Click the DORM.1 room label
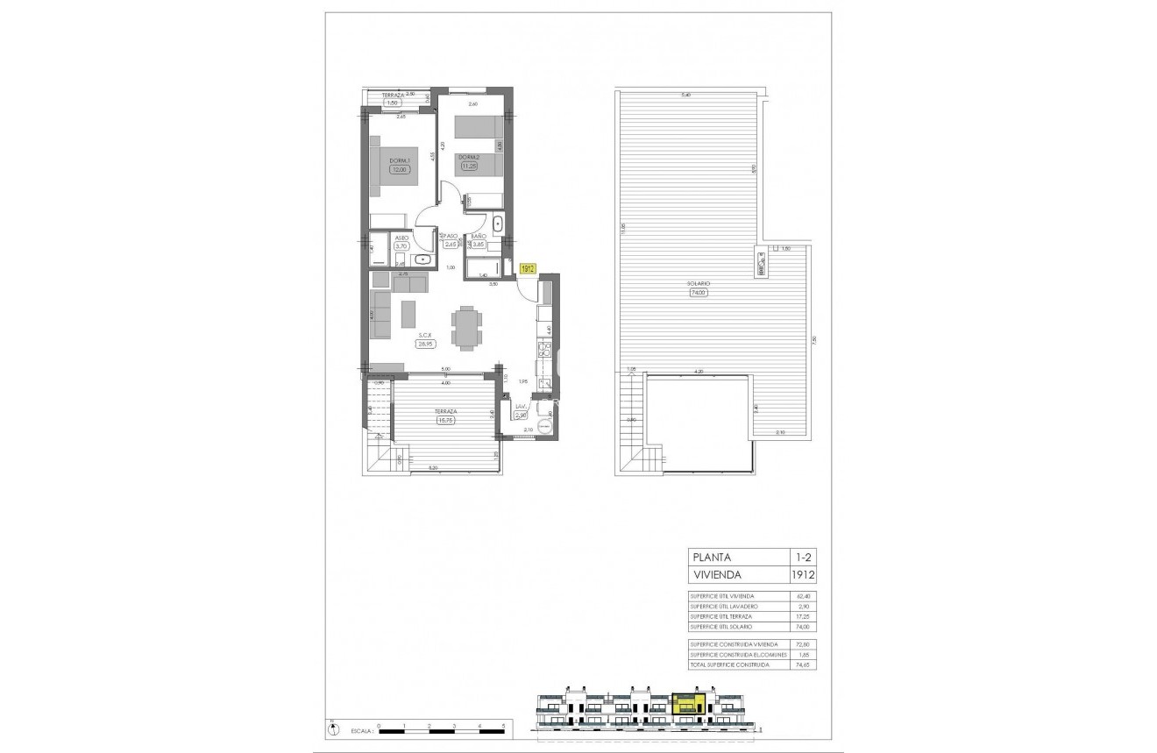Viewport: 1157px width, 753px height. (400, 160)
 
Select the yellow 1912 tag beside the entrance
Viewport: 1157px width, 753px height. (527, 269)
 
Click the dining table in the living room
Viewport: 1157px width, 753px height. (465, 328)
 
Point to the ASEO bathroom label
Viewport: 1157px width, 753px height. (401, 238)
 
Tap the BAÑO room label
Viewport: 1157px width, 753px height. (478, 237)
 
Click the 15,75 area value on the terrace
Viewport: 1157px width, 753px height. (448, 420)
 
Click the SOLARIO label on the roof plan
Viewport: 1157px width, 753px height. (698, 284)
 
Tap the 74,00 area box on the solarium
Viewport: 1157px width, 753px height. (698, 293)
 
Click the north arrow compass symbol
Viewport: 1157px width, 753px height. (330, 727)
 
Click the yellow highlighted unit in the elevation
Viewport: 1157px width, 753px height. (688, 703)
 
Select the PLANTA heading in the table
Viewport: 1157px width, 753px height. (713, 557)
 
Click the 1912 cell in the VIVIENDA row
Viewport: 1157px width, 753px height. (803, 575)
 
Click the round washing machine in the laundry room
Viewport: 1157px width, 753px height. (545, 426)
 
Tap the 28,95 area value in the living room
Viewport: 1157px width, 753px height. (426, 345)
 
